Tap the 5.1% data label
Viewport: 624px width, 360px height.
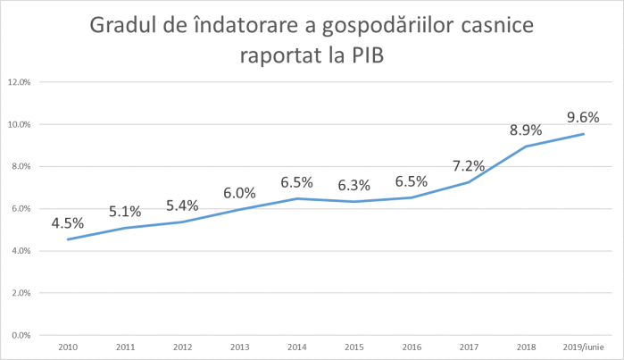(124, 212)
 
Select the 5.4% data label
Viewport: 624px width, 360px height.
(182, 205)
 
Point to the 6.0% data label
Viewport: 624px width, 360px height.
(240, 193)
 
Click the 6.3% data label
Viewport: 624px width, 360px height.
(354, 186)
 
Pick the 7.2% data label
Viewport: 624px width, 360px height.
(469, 165)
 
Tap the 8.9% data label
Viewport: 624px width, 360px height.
(526, 130)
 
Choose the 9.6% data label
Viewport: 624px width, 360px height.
(582, 116)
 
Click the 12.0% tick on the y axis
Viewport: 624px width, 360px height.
(20, 82)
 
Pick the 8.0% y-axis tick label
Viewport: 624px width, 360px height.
(20, 166)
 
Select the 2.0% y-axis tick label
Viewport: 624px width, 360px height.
(20, 293)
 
